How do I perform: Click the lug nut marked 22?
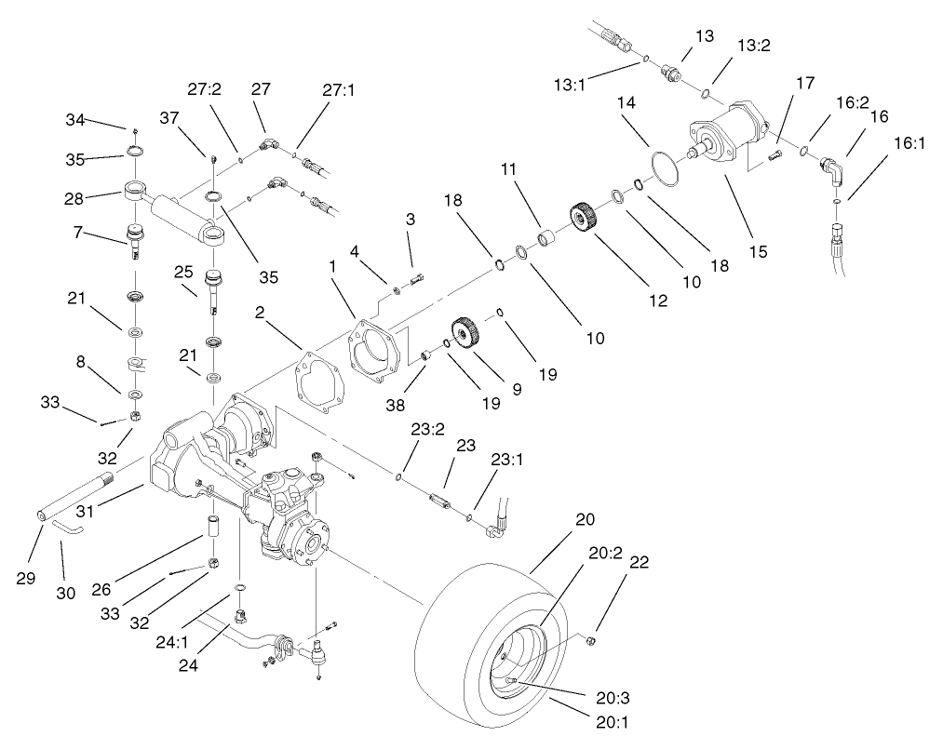589,640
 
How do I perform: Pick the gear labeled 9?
466,332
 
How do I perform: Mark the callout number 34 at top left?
75,119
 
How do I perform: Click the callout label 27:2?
204,90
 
